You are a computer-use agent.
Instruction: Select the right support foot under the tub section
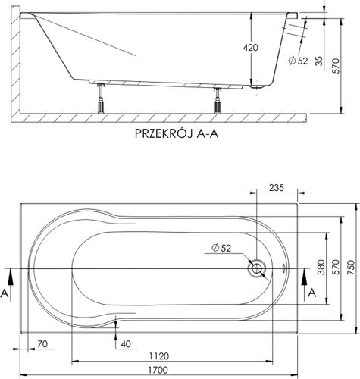point(218,99)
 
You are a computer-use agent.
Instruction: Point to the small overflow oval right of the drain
point(283,268)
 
